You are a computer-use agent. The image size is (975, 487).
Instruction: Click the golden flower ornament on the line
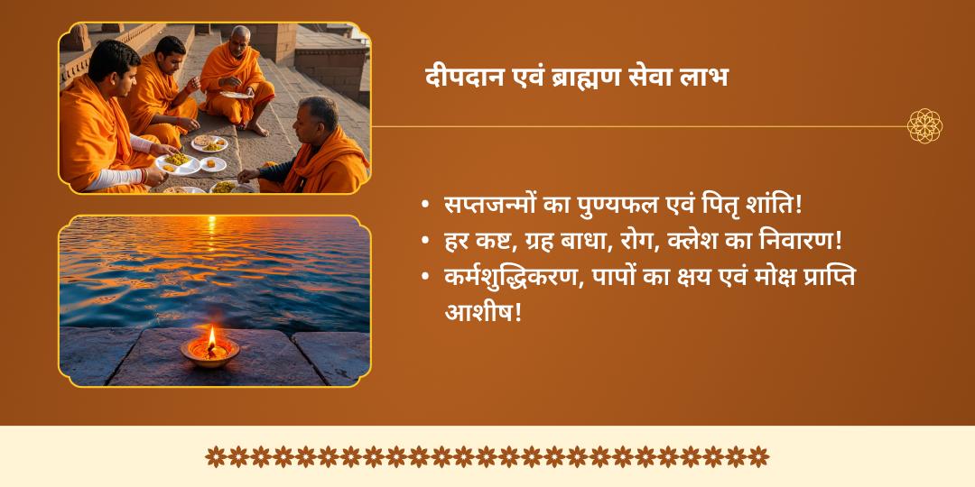(924, 126)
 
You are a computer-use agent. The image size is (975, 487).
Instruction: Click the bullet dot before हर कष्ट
(425, 241)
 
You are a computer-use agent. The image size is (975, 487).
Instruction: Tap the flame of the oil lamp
(211, 337)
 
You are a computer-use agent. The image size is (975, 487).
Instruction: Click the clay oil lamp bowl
(210, 353)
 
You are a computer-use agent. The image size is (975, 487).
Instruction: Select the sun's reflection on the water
(212, 249)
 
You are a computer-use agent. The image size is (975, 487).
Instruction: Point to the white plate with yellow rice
(179, 164)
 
